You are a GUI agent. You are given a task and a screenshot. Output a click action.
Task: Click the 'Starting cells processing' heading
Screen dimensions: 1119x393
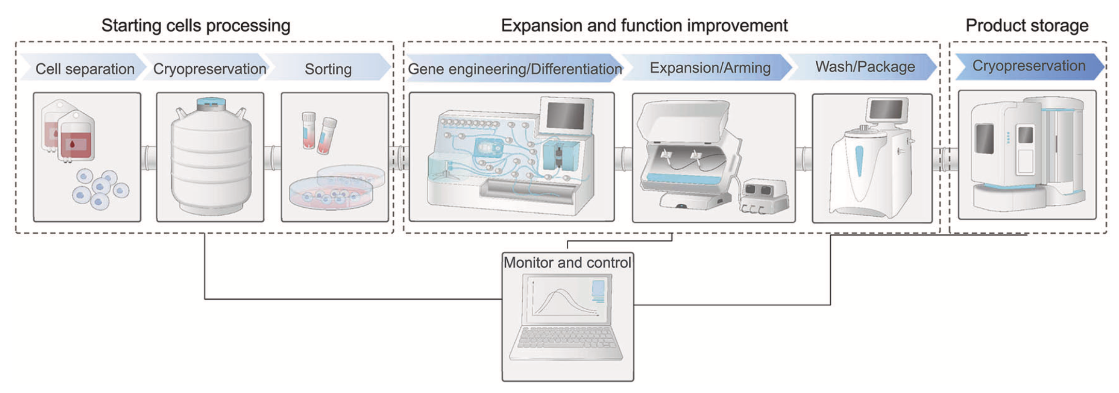(x=196, y=25)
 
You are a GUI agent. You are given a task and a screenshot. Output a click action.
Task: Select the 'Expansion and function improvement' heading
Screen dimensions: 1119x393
(x=644, y=25)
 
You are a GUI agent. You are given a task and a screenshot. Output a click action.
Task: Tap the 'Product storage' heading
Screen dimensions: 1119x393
(x=1027, y=25)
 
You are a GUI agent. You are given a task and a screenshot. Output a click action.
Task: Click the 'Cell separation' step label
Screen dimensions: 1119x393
(x=85, y=69)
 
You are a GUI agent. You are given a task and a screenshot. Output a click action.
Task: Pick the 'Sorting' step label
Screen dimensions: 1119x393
(x=328, y=69)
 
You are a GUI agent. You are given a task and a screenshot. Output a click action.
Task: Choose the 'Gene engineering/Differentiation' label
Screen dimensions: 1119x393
(x=515, y=69)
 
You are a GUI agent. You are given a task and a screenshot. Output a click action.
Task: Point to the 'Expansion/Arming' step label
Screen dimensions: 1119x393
(x=710, y=68)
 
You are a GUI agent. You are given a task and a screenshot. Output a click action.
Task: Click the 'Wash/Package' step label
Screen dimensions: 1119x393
(x=865, y=67)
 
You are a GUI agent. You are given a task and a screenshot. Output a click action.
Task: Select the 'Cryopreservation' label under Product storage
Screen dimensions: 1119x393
(x=1029, y=66)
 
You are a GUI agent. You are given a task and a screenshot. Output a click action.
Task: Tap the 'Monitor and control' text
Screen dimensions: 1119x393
(x=567, y=263)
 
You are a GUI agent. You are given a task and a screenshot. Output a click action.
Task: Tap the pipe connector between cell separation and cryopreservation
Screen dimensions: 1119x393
(x=149, y=158)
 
